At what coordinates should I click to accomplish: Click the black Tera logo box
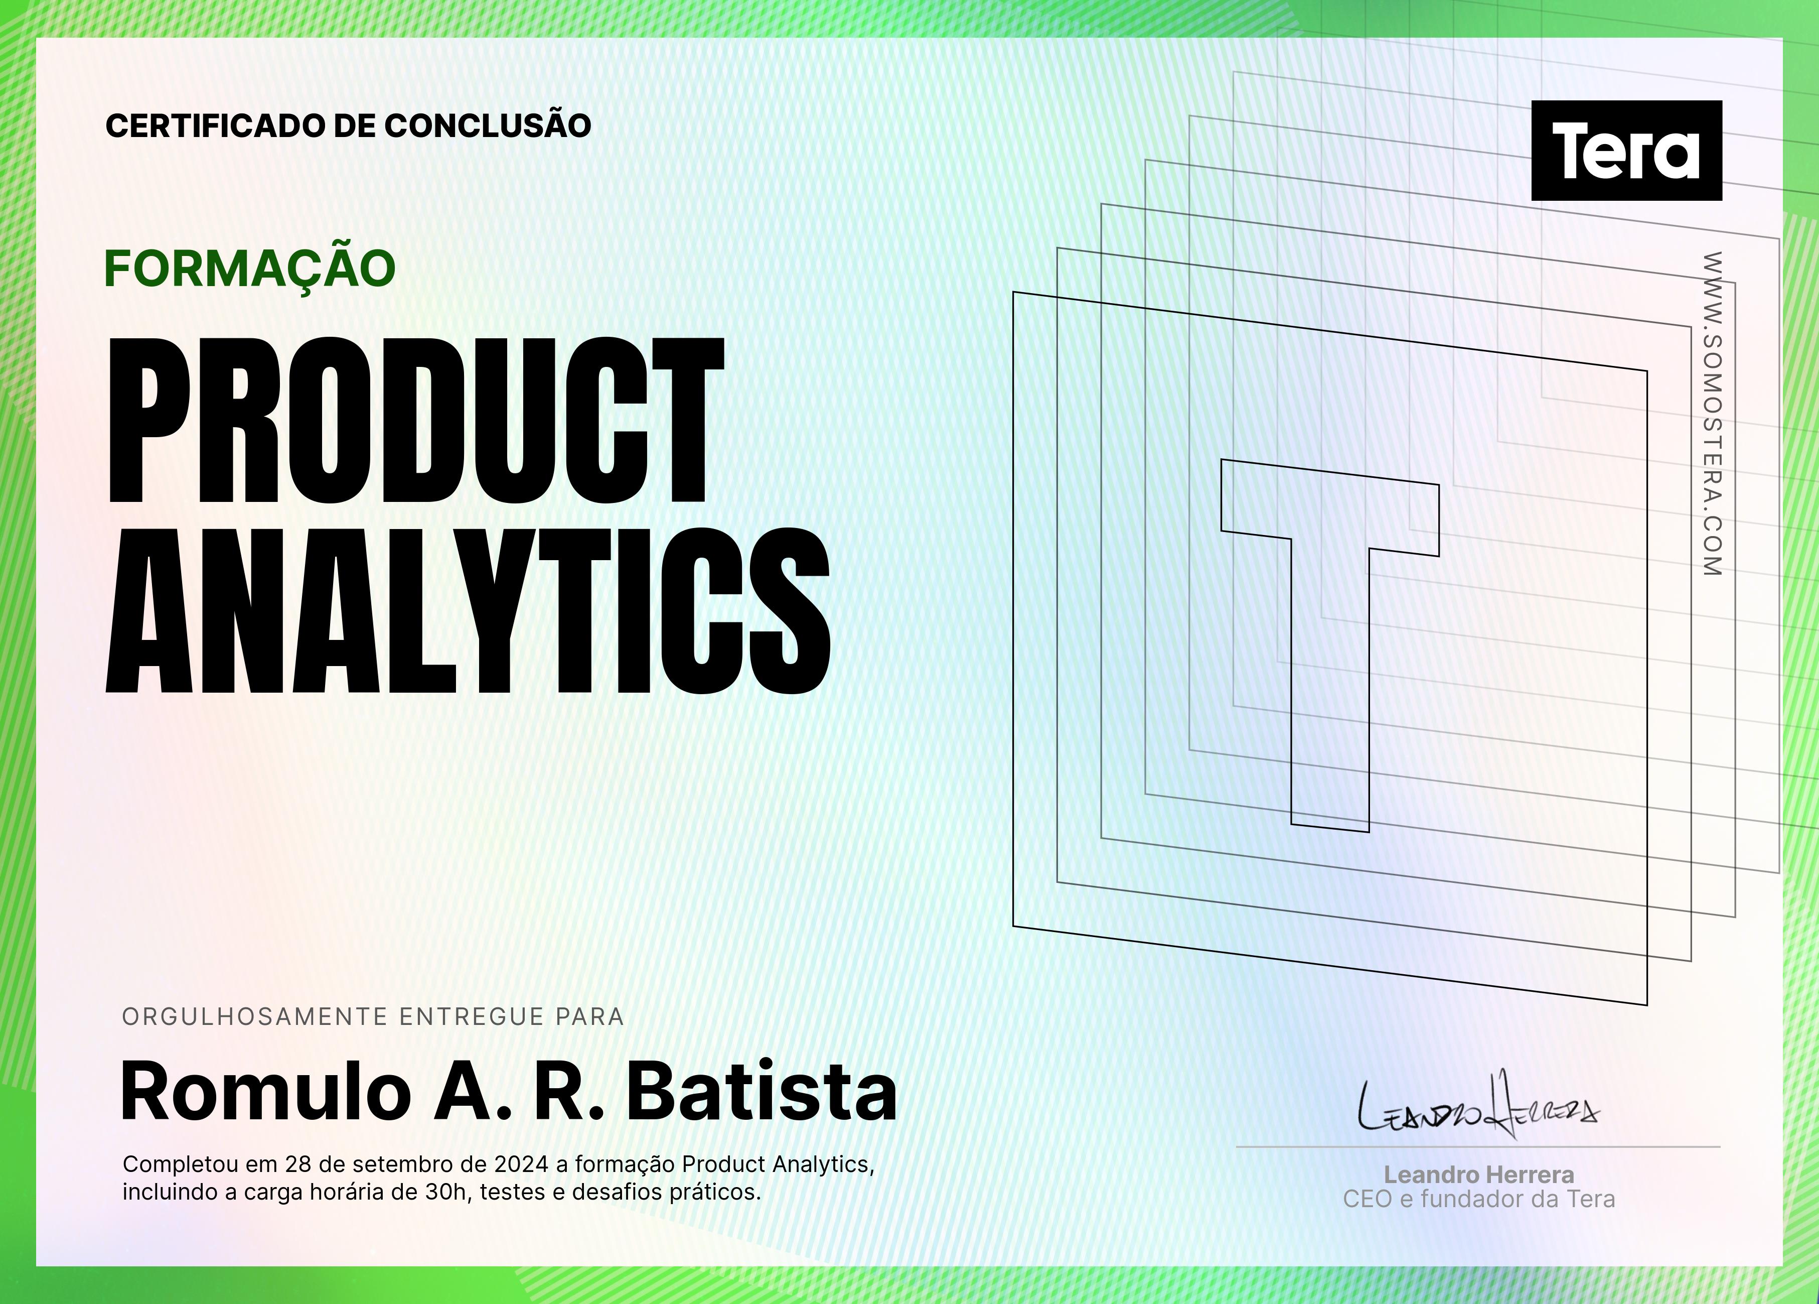[1626, 150]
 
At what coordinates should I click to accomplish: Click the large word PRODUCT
[416, 421]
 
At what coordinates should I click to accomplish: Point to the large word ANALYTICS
[469, 611]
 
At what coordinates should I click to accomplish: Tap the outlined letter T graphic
[1330, 644]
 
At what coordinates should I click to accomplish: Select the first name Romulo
[265, 1091]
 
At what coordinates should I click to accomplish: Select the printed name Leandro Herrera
[1479, 1175]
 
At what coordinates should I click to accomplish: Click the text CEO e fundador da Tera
[1479, 1199]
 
